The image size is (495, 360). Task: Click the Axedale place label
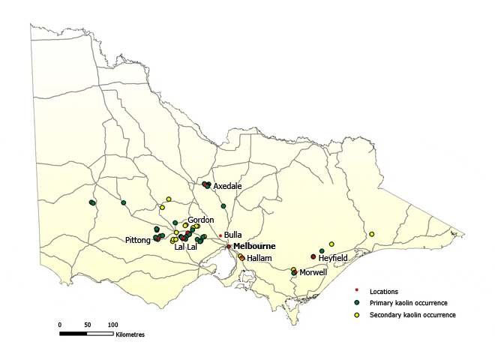(x=227, y=185)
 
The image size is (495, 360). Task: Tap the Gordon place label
(x=201, y=220)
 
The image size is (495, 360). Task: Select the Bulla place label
(x=232, y=235)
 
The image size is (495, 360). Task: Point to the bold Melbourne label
(x=254, y=246)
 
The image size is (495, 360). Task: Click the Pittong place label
(x=138, y=240)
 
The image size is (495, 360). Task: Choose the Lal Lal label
(x=185, y=246)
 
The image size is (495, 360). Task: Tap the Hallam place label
(x=259, y=258)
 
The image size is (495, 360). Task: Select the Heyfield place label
(x=334, y=257)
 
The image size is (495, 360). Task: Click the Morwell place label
(x=313, y=272)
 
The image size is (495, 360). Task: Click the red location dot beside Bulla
(x=220, y=235)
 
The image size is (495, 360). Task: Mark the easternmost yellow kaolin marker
(x=371, y=234)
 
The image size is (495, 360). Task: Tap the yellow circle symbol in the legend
(x=357, y=315)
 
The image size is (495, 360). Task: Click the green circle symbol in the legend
(x=357, y=303)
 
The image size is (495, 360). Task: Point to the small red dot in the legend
(x=357, y=291)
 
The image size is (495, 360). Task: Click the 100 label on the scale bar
(x=112, y=324)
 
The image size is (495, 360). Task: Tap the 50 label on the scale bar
(x=87, y=324)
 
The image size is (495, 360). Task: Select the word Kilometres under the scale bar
(x=130, y=335)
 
